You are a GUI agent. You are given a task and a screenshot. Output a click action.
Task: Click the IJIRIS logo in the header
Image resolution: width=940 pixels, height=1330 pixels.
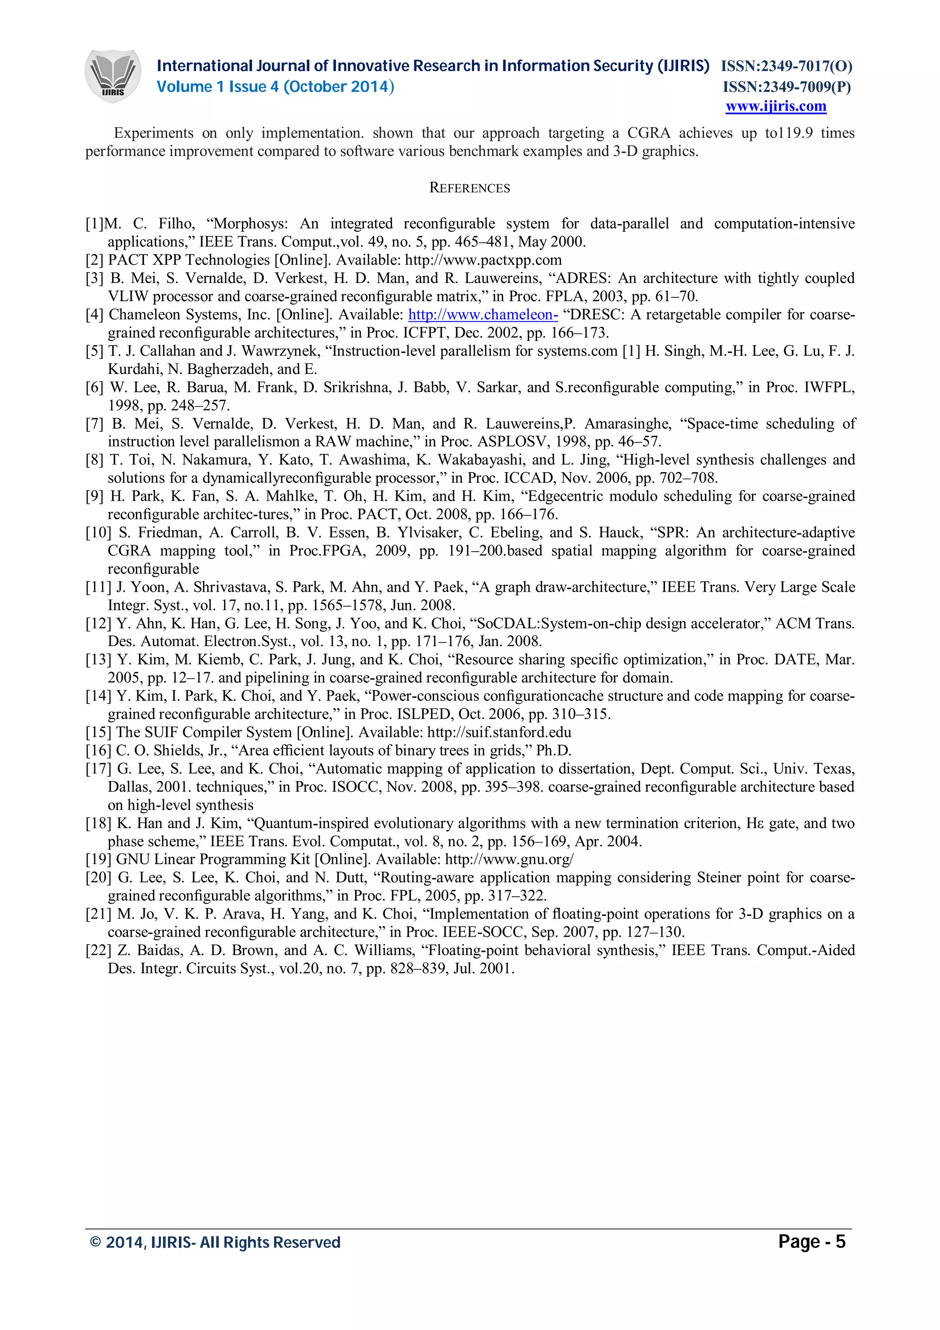coord(113,76)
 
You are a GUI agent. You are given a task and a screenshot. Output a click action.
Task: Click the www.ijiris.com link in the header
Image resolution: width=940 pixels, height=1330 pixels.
coord(776,106)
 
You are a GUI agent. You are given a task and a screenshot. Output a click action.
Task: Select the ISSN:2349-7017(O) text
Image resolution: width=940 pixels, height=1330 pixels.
coord(786,66)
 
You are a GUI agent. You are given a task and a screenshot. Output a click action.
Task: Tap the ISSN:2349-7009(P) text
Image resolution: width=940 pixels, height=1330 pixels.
coord(786,87)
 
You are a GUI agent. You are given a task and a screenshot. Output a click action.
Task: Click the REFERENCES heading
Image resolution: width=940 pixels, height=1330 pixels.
coord(470,188)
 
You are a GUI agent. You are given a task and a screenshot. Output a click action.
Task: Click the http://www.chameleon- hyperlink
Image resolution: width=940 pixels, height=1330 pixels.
coord(483,314)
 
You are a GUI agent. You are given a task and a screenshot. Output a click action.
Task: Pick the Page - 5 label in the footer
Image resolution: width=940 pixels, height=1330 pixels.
coord(811,1241)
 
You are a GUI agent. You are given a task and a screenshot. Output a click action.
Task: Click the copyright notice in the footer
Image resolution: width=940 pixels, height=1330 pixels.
coord(215,1242)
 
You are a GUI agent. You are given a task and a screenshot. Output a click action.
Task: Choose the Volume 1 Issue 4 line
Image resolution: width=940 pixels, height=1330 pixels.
coord(275,87)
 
